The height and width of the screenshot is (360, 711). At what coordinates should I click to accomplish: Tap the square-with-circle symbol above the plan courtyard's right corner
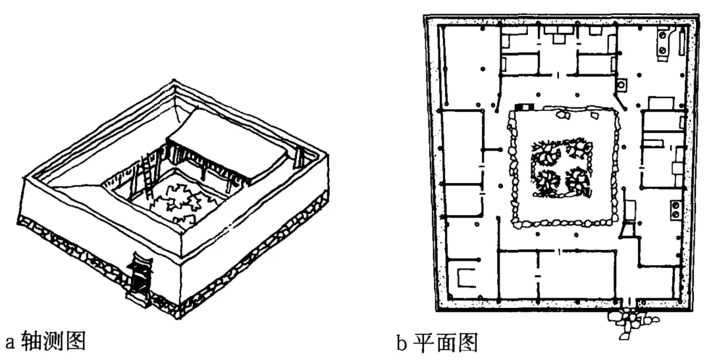click(621, 85)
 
